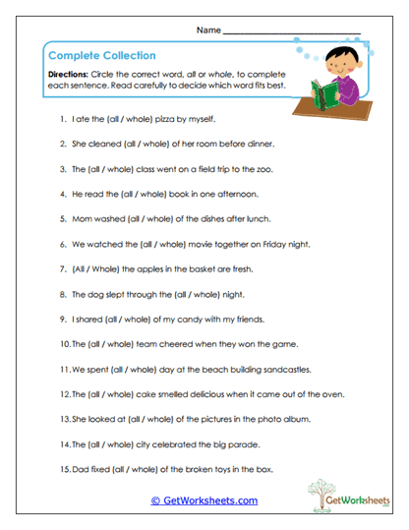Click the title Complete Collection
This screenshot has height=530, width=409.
[x=101, y=56]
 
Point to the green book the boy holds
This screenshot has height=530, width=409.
[x=326, y=94]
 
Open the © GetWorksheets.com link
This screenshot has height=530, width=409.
[x=204, y=501]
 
